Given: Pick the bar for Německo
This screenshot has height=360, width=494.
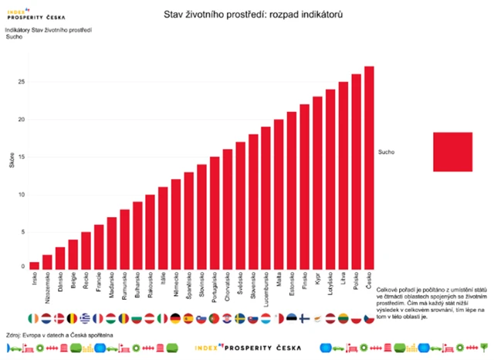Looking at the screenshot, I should tap(176, 223).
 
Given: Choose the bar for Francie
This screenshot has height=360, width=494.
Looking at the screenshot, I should tap(99, 246).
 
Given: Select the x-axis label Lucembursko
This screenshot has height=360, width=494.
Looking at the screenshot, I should tap(266, 289).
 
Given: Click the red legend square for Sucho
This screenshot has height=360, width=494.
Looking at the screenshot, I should tap(452, 151).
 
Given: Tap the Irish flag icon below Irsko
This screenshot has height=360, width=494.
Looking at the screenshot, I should tap(32, 318).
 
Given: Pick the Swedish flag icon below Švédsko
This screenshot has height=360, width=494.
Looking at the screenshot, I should tap(240, 318).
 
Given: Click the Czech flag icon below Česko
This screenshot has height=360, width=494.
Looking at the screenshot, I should tap(369, 318).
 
